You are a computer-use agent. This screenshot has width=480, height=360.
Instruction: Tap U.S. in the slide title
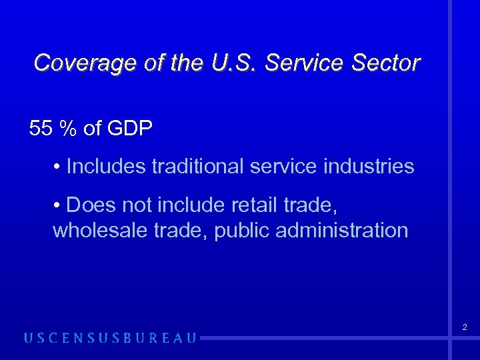point(237,63)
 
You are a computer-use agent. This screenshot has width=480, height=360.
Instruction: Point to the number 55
point(41,129)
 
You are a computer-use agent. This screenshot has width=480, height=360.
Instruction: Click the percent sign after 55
point(67,129)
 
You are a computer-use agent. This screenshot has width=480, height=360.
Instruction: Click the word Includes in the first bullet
point(106,166)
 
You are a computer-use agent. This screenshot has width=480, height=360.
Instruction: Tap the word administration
point(341,230)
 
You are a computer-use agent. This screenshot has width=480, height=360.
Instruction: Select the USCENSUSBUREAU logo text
point(111,338)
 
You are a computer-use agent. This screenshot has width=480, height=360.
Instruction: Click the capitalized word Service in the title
point(304,63)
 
